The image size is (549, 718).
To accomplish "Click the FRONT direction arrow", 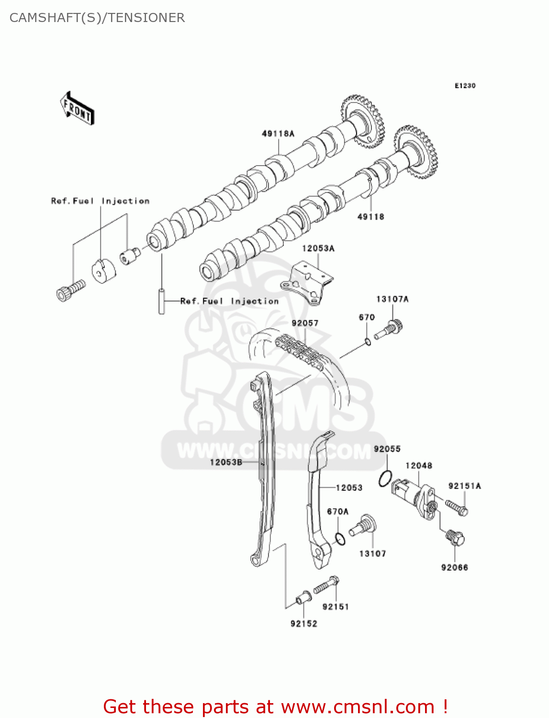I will [x=77, y=109].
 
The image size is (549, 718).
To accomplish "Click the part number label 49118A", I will [x=278, y=134].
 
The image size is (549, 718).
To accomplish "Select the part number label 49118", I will [x=370, y=217].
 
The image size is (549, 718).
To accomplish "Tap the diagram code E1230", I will [x=465, y=86].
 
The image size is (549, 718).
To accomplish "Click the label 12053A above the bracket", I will [x=318, y=248].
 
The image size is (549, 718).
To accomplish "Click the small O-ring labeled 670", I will [x=367, y=341].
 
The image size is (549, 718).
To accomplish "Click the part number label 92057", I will [x=305, y=323].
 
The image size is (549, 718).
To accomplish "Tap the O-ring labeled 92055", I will [x=385, y=479].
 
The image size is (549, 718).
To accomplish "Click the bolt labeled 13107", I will [x=363, y=527].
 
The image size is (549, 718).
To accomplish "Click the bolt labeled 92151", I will [x=327, y=585].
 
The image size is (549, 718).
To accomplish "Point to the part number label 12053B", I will [x=226, y=462].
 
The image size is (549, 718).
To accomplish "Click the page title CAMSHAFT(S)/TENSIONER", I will [x=97, y=18].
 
